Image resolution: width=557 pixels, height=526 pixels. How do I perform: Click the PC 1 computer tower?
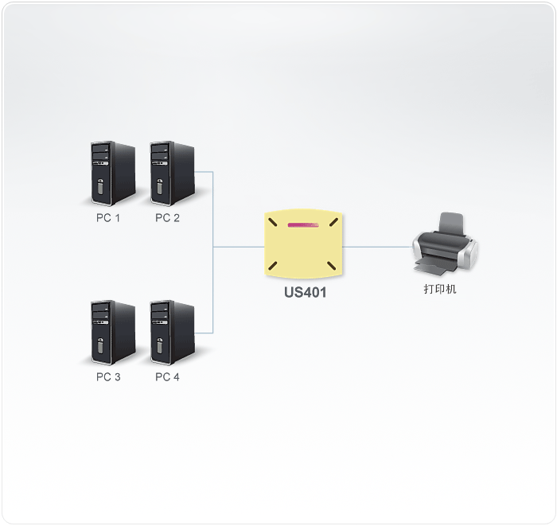[113, 173]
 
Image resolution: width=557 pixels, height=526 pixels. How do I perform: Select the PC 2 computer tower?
[173, 173]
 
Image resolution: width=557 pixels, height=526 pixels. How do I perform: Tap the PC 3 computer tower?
[113, 333]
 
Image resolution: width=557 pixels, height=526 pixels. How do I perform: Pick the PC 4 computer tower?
[173, 333]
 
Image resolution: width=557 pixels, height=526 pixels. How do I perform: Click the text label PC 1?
[108, 218]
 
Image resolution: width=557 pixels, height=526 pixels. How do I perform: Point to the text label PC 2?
[167, 218]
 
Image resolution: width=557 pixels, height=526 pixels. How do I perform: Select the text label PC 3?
[108, 377]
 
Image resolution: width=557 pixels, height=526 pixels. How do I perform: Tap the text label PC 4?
[167, 377]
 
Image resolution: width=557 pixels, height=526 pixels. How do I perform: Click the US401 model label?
[305, 292]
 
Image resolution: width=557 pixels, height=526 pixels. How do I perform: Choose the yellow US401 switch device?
[303, 243]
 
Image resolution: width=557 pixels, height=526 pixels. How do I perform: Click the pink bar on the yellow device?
[303, 225]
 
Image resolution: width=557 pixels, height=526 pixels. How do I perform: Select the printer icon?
[444, 244]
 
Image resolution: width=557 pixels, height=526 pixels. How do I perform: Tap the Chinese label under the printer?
[440, 289]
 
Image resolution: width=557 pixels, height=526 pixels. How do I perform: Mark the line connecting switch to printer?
[377, 247]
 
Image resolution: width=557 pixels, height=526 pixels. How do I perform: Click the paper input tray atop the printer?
[451, 223]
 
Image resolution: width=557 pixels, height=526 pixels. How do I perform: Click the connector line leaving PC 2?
[204, 172]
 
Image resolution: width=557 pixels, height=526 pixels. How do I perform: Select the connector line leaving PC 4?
[204, 333]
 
